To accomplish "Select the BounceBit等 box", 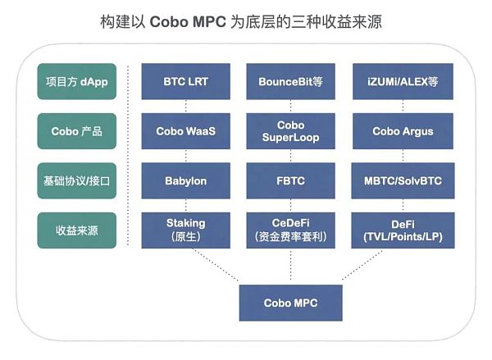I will (x=289, y=81).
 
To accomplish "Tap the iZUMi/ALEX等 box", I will (x=398, y=81).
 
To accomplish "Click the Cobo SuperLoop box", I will (x=289, y=131).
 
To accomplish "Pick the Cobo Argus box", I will (x=398, y=131).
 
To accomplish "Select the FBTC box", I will (x=289, y=180).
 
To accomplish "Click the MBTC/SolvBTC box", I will (x=398, y=180).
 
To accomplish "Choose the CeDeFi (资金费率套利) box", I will (x=289, y=229).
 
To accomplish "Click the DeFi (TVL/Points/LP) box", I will (x=398, y=229).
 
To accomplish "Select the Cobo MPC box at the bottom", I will (x=289, y=303).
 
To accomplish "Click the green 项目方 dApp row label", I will (x=76, y=81).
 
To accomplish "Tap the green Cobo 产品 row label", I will (x=76, y=131).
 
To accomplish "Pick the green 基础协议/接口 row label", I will (x=76, y=180).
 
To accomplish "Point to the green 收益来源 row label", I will (x=76, y=230).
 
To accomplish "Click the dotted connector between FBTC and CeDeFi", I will (x=289, y=204).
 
